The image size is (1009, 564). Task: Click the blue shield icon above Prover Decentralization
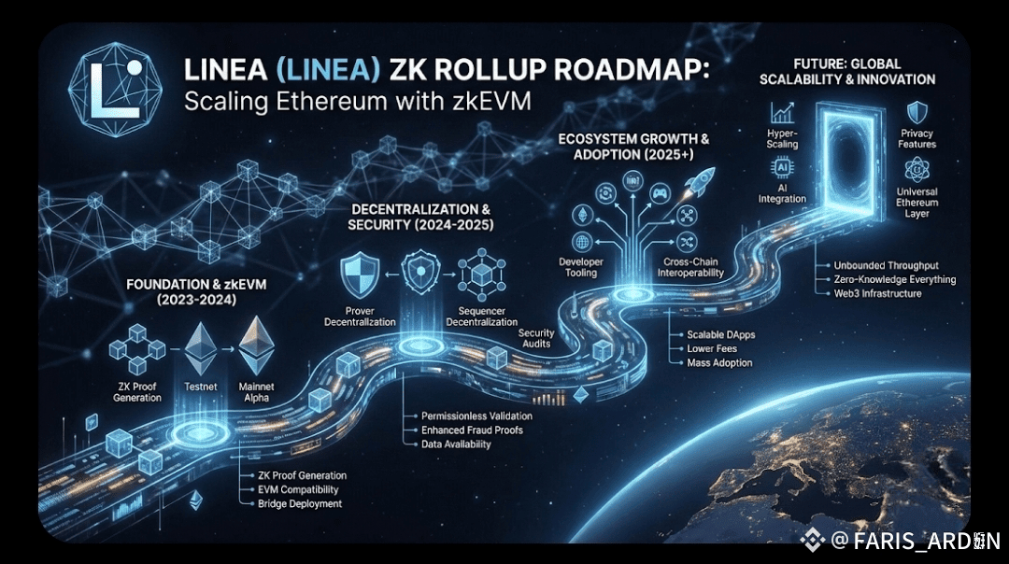[362, 272]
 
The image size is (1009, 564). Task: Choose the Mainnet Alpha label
[254, 391]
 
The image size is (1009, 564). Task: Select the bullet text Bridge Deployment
[300, 504]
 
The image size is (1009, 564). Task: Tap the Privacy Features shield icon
[918, 111]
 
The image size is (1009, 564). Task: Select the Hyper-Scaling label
[783, 139]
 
